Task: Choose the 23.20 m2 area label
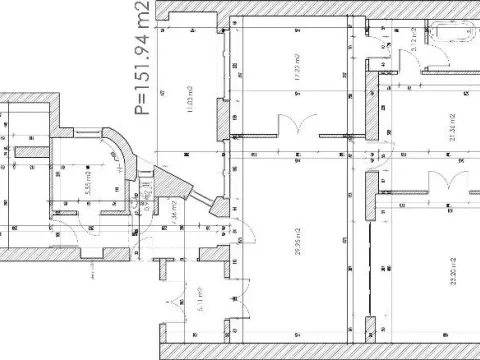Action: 452,270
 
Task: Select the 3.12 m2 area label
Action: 411,37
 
